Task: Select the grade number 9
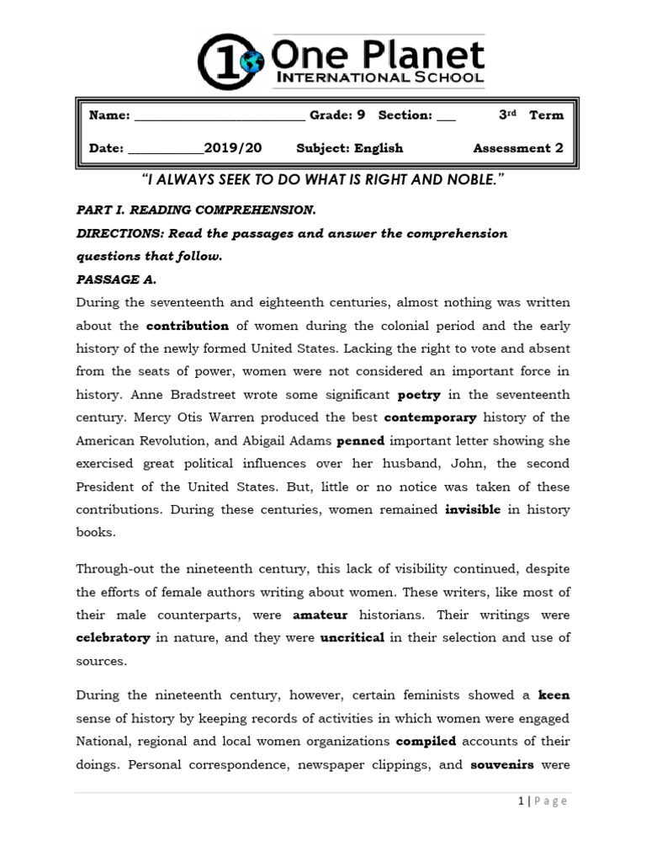361,115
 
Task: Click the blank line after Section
446,116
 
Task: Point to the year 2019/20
233,148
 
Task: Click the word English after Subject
379,148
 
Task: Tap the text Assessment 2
518,148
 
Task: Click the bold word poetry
419,394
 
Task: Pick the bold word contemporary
431,418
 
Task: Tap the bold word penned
360,440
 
